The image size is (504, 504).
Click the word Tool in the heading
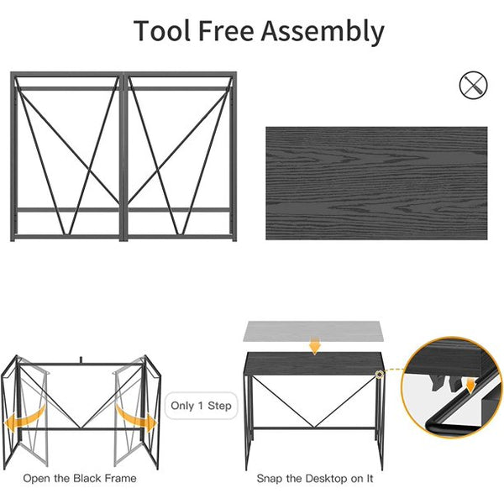tap(162, 30)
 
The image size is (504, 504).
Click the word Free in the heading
tap(226, 30)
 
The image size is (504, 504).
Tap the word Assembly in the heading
tap(323, 32)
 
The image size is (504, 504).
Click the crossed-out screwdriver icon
tap(473, 85)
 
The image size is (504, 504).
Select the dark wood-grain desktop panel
tap(376, 183)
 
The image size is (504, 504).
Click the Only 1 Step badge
tap(202, 406)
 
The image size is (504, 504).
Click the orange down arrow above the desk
tap(315, 345)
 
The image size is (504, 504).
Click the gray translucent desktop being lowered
tap(313, 331)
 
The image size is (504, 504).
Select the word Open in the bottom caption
tap(37, 479)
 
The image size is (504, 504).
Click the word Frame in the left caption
tap(120, 478)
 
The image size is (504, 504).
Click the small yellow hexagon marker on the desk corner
tap(380, 374)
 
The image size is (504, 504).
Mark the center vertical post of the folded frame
tap(123, 156)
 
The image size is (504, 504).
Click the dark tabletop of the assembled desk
tap(314, 364)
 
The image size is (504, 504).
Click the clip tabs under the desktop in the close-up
tap(445, 383)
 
